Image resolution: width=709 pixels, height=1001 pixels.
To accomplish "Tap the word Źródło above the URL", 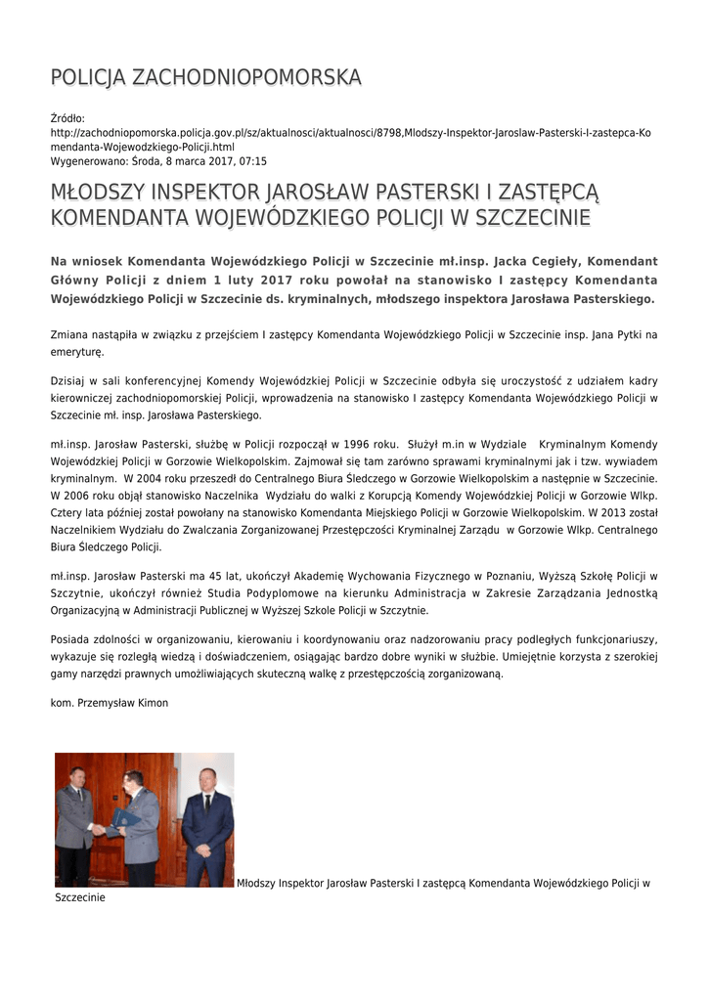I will tap(68, 118).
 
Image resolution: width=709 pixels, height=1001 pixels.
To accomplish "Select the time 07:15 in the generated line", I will tap(252, 161).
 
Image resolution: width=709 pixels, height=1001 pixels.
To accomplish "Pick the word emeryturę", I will tap(77, 352).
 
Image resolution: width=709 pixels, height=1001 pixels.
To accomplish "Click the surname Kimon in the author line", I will tap(153, 703).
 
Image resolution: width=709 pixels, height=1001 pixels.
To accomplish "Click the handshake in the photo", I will tap(100, 830).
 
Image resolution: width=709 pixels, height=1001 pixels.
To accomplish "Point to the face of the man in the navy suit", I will tap(206, 780).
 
